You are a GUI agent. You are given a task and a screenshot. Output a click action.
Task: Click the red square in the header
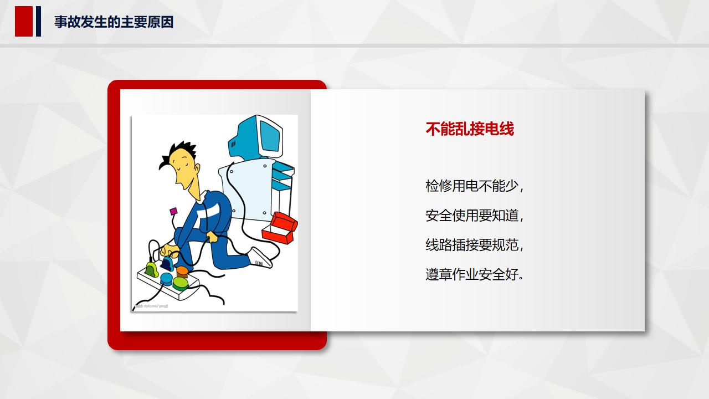pos(24,22)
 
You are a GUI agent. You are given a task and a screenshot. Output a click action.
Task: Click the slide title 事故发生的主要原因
pos(114,22)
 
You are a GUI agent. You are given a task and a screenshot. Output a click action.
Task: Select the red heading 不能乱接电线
pos(470,129)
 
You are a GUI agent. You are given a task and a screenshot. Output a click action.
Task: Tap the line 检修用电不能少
pos(474,186)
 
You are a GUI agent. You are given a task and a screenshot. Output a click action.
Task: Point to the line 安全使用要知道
pos(474,215)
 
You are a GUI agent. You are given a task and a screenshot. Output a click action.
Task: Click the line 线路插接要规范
pos(474,244)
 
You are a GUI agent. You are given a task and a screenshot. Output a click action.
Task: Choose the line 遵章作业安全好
pos(474,274)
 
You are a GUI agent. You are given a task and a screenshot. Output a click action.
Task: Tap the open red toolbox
pos(280,227)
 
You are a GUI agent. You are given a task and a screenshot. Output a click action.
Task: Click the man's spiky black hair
pos(178,154)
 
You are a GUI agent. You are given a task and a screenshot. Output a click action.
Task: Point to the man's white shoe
pos(261,257)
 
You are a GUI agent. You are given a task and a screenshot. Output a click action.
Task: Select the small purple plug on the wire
pos(173,211)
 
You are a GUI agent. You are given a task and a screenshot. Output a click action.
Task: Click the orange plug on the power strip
pos(182,272)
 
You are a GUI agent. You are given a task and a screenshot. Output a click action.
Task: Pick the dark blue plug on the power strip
pos(167,263)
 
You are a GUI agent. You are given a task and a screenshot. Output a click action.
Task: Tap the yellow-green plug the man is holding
pos(151,269)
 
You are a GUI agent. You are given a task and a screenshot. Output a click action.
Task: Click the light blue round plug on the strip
pos(166,278)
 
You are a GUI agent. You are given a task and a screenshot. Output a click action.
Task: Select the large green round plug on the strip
pos(181,283)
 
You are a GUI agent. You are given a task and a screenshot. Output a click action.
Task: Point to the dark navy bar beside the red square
pos(38,22)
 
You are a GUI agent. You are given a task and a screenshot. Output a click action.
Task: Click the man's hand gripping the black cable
pos(212,237)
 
